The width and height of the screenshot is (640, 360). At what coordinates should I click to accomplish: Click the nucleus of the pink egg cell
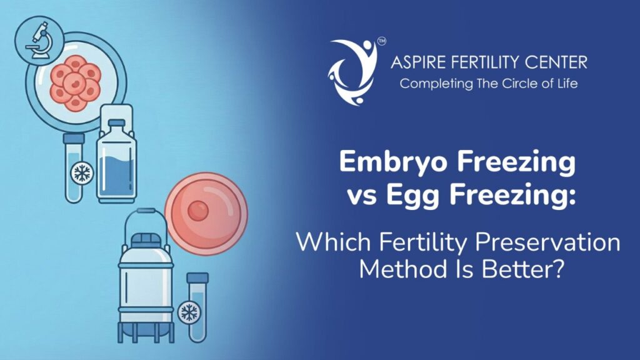pyautogui.click(x=198, y=211)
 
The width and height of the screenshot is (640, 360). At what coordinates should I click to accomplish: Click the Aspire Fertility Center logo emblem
pyautogui.click(x=353, y=71)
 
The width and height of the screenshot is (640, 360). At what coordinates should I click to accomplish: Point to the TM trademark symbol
pyautogui.click(x=381, y=41)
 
